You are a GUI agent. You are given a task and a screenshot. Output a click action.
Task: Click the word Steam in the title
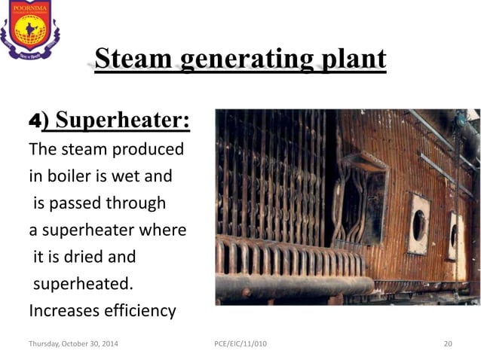tap(133, 59)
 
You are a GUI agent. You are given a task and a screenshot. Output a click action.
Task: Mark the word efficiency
tap(139, 311)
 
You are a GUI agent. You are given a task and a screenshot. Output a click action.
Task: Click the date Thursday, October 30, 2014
tap(73, 344)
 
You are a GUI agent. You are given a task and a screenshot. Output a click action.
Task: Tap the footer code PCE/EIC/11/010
tap(240, 344)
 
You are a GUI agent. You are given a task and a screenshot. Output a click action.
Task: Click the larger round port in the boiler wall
tap(419, 225)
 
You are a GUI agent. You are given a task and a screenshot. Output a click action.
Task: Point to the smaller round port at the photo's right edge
tap(455, 235)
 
